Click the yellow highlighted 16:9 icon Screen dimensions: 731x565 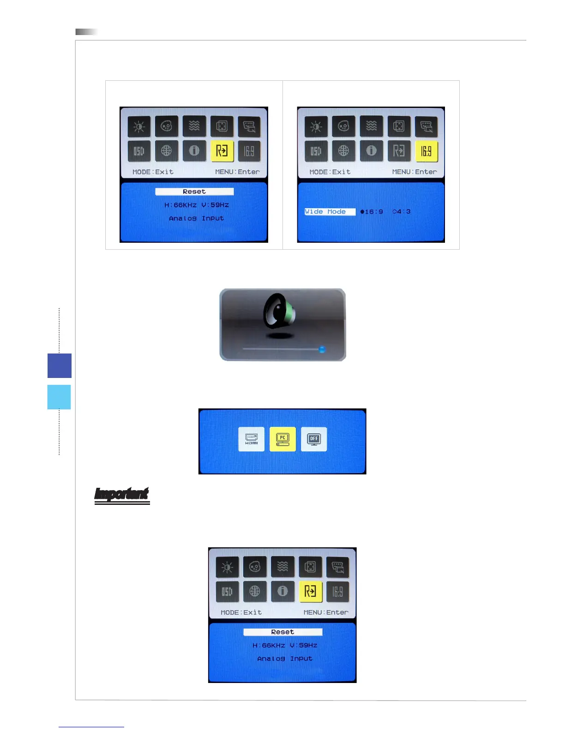tap(427, 151)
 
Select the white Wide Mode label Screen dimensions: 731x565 tap(330, 212)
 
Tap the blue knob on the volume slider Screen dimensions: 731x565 tap(322, 349)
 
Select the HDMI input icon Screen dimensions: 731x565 tap(252, 439)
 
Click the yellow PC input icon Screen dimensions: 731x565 tap(282, 439)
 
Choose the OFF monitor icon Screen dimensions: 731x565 tap(314, 439)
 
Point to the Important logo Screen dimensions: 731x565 tap(122, 495)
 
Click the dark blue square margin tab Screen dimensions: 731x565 tap(60, 365)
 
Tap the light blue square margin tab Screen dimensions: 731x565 tap(59, 397)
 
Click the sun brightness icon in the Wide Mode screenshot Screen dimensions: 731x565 tap(316, 126)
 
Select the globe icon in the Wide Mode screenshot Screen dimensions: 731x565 tap(344, 151)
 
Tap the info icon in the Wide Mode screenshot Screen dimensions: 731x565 tap(372, 151)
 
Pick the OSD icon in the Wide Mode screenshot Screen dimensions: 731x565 tap(316, 151)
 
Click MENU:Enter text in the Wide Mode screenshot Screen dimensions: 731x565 tap(414, 172)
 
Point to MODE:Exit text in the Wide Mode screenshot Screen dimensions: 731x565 tap(330, 172)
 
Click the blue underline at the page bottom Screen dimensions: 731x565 tap(91, 727)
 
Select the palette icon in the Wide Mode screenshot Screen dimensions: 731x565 tap(344, 126)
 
